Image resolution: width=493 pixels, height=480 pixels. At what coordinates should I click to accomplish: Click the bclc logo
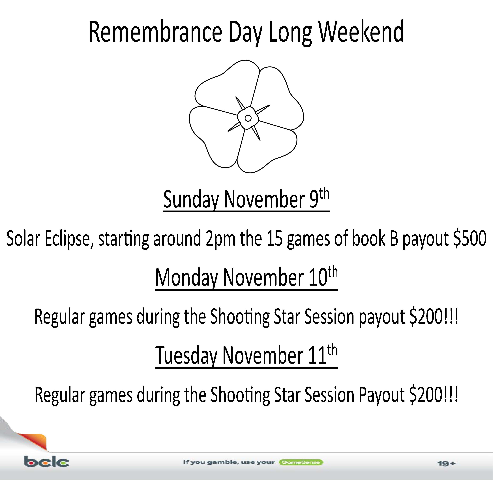[47, 462]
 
